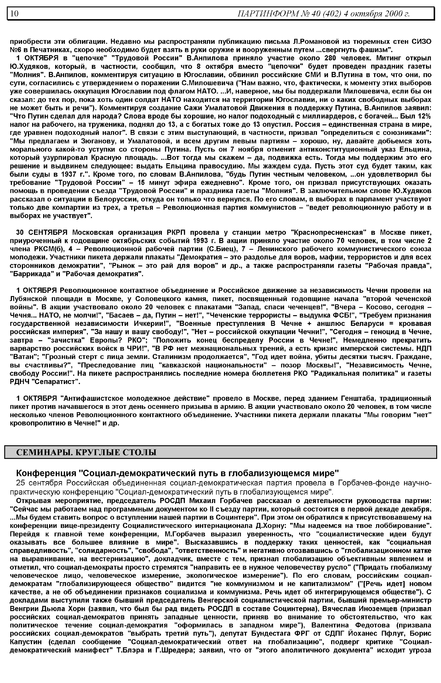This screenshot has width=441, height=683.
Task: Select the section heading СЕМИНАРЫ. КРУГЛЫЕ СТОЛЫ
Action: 86,452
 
